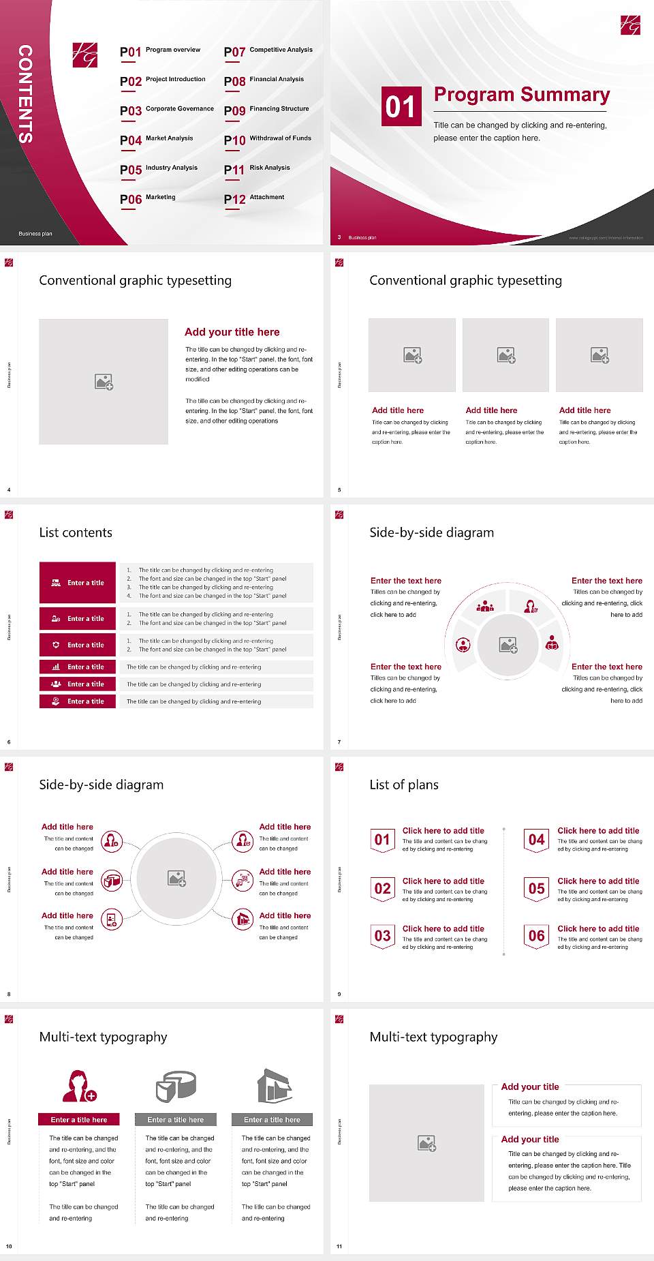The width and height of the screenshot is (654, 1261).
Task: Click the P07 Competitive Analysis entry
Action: (268, 51)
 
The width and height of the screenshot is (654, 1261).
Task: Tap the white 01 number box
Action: (401, 106)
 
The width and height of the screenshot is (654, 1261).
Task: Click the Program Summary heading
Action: (521, 95)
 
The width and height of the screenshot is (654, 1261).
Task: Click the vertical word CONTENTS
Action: (25, 93)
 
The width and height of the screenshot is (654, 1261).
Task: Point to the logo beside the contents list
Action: (84, 55)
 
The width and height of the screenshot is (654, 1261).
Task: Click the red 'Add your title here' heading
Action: (232, 332)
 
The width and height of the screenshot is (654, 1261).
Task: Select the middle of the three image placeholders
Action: (505, 355)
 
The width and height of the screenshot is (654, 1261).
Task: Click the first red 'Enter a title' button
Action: (78, 583)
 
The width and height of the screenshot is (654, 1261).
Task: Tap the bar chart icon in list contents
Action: (56, 667)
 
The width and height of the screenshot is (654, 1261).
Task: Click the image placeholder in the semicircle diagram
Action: (508, 645)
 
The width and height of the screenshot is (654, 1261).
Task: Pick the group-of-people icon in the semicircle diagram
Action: (485, 605)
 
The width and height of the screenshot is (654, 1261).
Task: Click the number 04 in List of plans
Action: (537, 840)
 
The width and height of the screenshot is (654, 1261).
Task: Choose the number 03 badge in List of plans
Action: (383, 937)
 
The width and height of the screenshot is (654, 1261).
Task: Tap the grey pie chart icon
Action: (176, 1086)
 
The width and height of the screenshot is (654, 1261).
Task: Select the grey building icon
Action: (275, 1086)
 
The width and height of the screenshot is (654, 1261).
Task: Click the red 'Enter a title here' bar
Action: (79, 1119)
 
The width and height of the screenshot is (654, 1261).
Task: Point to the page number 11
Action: (339, 1247)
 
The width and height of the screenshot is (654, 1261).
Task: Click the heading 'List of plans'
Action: (404, 785)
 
